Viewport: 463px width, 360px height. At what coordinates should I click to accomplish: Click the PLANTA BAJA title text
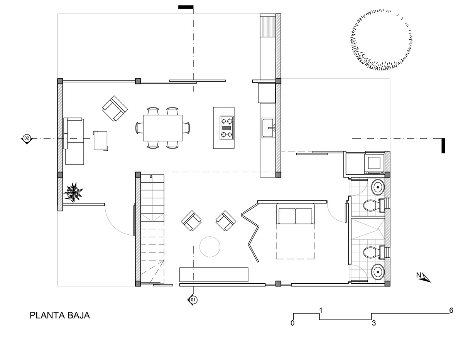coord(60,316)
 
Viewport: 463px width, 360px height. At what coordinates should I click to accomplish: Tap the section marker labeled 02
coord(27,139)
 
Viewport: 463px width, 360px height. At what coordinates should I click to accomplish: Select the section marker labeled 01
coord(193,300)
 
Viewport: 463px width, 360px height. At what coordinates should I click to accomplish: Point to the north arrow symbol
coord(423,277)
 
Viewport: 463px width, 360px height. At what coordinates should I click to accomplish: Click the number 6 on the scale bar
coord(451,310)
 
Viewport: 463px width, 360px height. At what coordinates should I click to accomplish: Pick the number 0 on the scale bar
coord(292,323)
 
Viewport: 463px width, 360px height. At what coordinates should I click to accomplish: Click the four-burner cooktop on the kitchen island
coord(227,128)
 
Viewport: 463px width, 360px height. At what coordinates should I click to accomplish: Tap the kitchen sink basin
coord(268,128)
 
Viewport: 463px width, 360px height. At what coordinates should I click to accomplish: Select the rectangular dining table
coord(162,128)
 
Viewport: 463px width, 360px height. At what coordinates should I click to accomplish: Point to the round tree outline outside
coord(381,40)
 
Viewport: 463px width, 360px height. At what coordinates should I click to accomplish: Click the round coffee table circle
coord(210,247)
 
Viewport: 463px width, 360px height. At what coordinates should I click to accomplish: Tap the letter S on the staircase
coord(151,177)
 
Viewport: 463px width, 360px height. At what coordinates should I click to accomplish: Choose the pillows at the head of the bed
coord(295,216)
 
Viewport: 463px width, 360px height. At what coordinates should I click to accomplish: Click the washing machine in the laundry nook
coord(375,163)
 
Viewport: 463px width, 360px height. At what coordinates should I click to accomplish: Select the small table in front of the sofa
coord(100,141)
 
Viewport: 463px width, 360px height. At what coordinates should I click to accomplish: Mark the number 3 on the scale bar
coord(374,323)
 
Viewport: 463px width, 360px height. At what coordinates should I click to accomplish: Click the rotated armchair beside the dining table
coord(115,109)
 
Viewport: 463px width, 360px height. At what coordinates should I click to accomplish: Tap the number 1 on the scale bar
coord(321,311)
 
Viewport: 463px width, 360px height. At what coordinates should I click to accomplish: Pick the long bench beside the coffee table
coord(214,275)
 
